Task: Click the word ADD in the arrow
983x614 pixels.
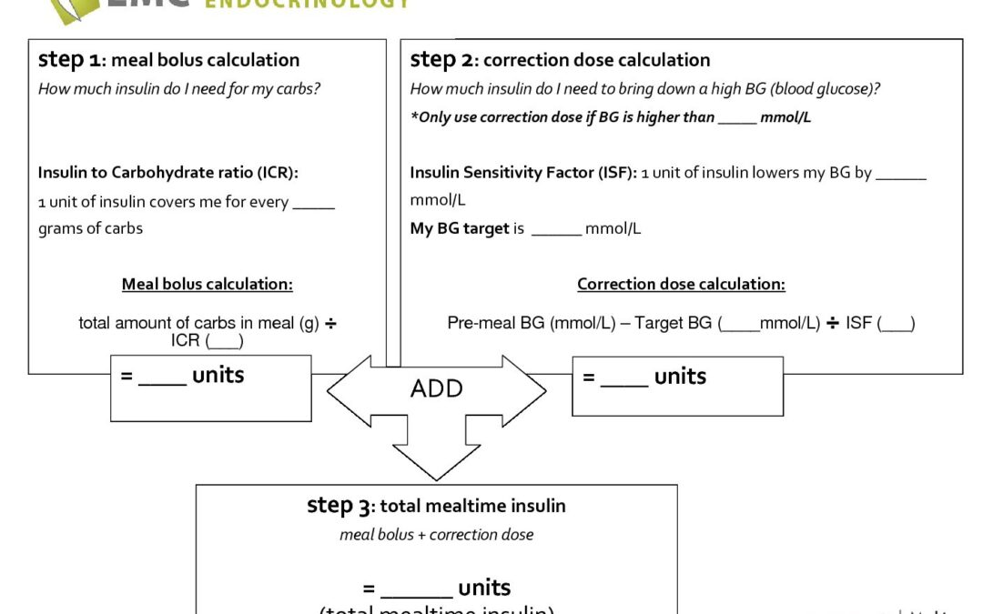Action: point(437,388)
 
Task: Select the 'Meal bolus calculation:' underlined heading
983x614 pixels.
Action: point(208,284)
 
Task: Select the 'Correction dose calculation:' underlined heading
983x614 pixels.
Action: point(681,284)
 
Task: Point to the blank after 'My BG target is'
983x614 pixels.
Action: point(556,229)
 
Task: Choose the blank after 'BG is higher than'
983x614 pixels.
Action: point(736,118)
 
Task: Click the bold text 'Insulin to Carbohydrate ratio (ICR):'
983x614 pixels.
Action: point(168,173)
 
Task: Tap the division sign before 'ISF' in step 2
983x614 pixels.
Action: point(832,323)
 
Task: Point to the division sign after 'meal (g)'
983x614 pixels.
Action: point(330,323)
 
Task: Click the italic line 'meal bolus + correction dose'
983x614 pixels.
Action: point(436,535)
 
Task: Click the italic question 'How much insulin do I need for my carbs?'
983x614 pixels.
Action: point(179,89)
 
